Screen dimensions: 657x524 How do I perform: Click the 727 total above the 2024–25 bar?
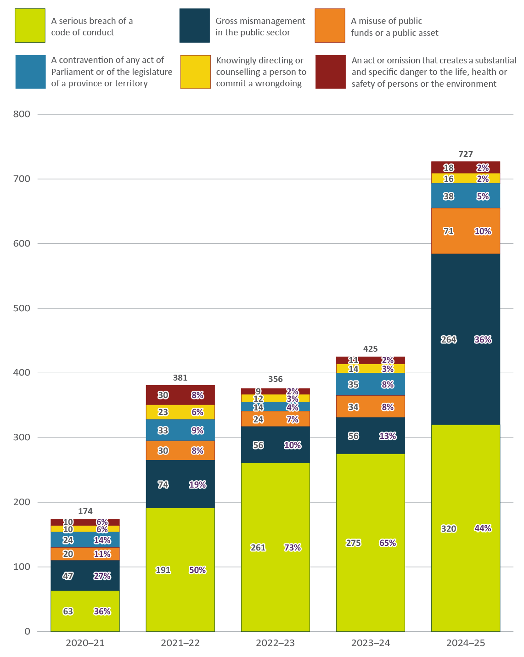(x=465, y=154)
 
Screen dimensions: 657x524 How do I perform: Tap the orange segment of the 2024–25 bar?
(x=465, y=231)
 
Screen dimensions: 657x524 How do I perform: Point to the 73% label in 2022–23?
(x=293, y=547)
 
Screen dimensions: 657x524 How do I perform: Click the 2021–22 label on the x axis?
(x=180, y=643)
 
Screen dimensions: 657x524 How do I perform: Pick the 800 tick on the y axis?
(x=22, y=114)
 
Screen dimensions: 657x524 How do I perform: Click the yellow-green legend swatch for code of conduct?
(x=30, y=26)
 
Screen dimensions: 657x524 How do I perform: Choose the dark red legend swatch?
(x=331, y=72)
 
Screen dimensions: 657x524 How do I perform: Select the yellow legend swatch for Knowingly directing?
(x=195, y=72)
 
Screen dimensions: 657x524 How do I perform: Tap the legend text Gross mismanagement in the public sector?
(x=260, y=27)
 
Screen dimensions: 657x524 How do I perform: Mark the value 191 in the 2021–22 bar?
(x=163, y=570)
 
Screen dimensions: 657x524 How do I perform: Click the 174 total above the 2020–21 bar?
(x=85, y=511)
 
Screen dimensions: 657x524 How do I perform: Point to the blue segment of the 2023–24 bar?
(x=370, y=384)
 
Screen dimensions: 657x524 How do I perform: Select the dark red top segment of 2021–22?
(x=180, y=395)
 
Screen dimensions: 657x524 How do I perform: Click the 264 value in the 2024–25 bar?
(x=449, y=339)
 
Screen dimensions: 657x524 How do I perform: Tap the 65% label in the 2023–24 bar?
(x=388, y=543)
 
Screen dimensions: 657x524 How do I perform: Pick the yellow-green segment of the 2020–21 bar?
(x=85, y=611)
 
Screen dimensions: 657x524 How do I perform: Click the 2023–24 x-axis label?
(x=370, y=643)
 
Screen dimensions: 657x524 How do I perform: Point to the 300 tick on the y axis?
(x=22, y=438)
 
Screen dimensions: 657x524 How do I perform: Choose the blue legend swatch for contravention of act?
(x=30, y=72)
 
